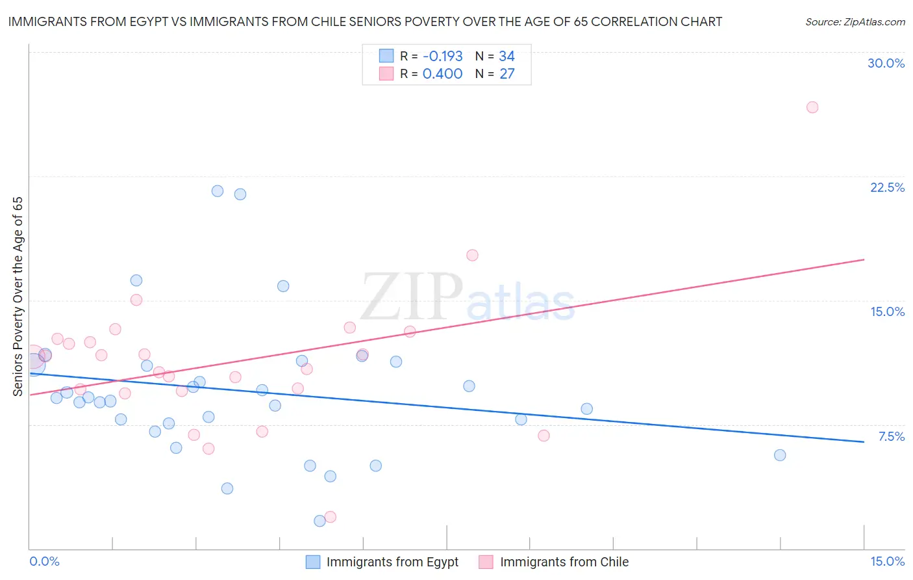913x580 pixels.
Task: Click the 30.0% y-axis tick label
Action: (886, 63)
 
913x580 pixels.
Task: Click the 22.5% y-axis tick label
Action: (887, 187)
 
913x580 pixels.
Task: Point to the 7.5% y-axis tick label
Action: (891, 436)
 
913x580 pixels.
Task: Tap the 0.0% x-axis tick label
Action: (45, 561)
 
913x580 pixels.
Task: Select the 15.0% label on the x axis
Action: (887, 561)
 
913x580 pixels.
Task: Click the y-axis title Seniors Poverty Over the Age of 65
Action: (18, 297)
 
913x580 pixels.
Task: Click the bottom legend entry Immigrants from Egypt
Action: (392, 562)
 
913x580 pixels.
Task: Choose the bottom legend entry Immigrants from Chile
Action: (564, 562)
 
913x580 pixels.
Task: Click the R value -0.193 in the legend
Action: (442, 57)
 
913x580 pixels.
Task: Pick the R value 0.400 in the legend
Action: (442, 74)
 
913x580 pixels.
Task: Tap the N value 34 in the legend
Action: (507, 57)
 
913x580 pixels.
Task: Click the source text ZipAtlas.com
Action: (855, 22)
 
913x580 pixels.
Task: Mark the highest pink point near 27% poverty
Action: (812, 107)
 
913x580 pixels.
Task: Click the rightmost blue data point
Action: (780, 455)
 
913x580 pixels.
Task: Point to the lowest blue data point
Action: (319, 521)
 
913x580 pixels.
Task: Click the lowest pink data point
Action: (330, 517)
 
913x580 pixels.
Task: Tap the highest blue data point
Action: (218, 191)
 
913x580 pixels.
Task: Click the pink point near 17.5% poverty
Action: (472, 256)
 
